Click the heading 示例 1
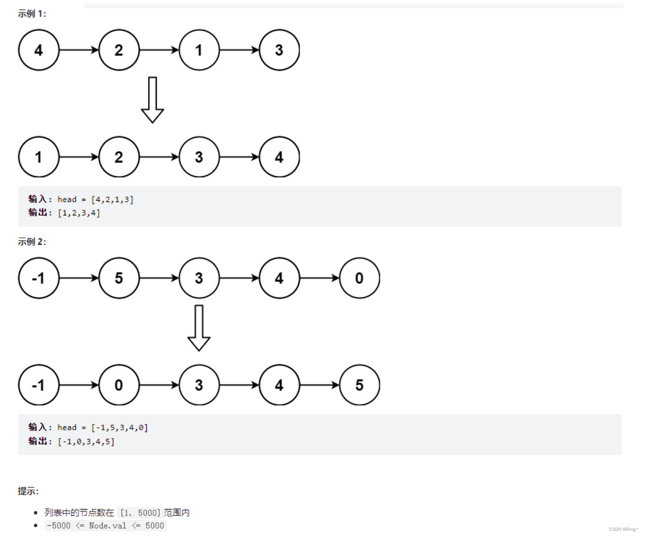pyautogui.click(x=32, y=14)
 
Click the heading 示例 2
pyautogui.click(x=32, y=242)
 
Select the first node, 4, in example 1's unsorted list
pyautogui.click(x=39, y=50)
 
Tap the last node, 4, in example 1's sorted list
pyautogui.click(x=279, y=157)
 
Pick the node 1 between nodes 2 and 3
pyautogui.click(x=199, y=50)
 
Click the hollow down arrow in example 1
pyautogui.click(x=152, y=100)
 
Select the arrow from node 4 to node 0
pyautogui.click(x=319, y=278)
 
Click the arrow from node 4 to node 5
pyautogui.click(x=319, y=385)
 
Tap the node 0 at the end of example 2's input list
pyautogui.click(x=359, y=278)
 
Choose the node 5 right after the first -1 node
pyautogui.click(x=119, y=278)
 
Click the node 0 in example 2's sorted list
pyautogui.click(x=119, y=385)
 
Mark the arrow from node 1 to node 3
pyautogui.click(x=239, y=50)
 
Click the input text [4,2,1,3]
pyautogui.click(x=112, y=200)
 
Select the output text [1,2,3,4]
pyautogui.click(x=79, y=213)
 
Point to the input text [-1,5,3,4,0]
pyautogui.click(x=119, y=428)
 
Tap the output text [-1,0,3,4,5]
pyautogui.click(x=86, y=442)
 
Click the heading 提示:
pyautogui.click(x=28, y=491)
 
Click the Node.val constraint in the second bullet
pyautogui.click(x=106, y=526)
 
